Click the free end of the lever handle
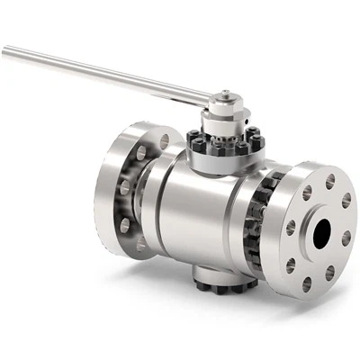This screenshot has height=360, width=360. (x=7, y=51)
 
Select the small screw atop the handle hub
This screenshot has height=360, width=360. (x=226, y=93)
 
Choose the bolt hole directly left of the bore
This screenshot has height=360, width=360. (x=291, y=228)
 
